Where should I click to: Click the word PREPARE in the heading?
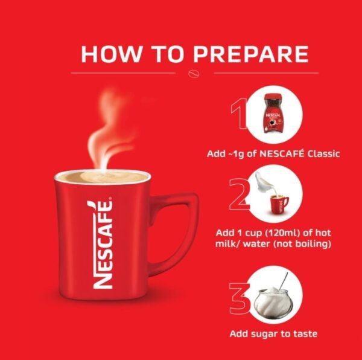251,54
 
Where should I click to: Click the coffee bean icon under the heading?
194,73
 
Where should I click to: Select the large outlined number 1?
239,114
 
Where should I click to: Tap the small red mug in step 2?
279,204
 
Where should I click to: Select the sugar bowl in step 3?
273,302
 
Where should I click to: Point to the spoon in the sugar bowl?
284,280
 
